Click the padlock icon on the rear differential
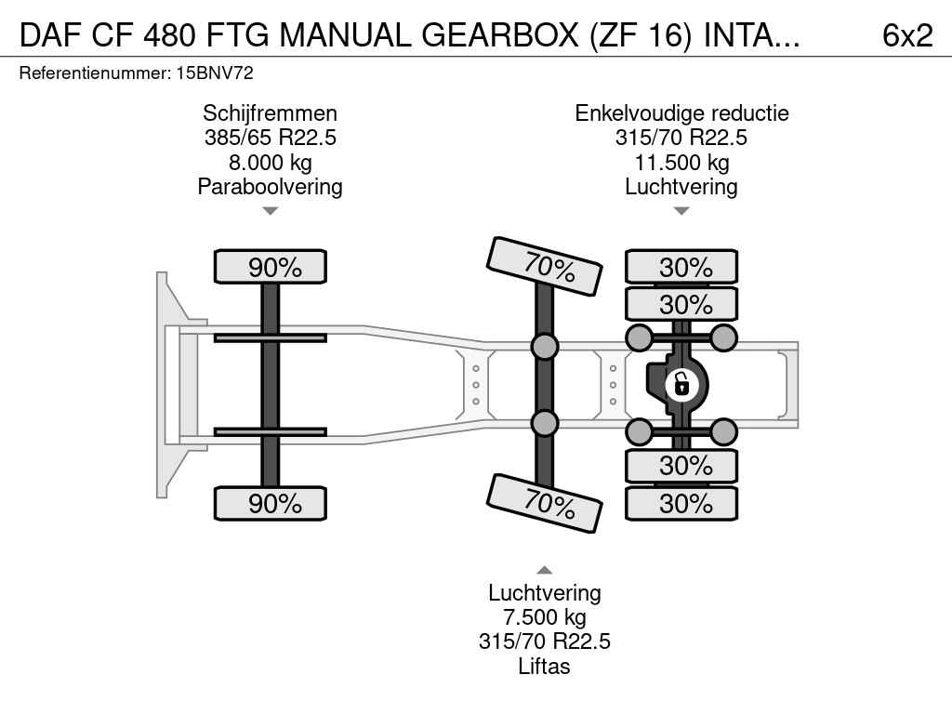pyautogui.click(x=681, y=383)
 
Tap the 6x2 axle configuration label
pyautogui.click(x=906, y=35)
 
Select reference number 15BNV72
pyautogui.click(x=215, y=73)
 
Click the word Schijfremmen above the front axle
pyautogui.click(x=270, y=113)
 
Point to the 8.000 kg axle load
pyautogui.click(x=270, y=163)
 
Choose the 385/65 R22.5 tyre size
pyautogui.click(x=270, y=139)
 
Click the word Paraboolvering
pyautogui.click(x=270, y=187)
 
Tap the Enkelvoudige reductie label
pyautogui.click(x=681, y=113)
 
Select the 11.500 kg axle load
pyautogui.click(x=681, y=163)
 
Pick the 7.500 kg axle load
pyautogui.click(x=545, y=617)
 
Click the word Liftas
pyautogui.click(x=545, y=667)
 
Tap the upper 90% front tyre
pyautogui.click(x=271, y=267)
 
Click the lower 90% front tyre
pyautogui.click(x=271, y=503)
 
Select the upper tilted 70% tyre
pyautogui.click(x=546, y=266)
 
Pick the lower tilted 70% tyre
pyautogui.click(x=546, y=503)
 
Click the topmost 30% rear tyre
pyautogui.click(x=681, y=267)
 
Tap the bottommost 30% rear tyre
pyautogui.click(x=681, y=503)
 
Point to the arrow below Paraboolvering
pyautogui.click(x=270, y=212)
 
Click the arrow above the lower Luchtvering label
pyautogui.click(x=545, y=570)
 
